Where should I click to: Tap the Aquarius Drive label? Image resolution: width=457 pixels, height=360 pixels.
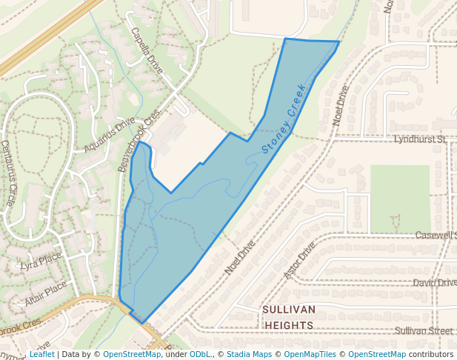[110, 135]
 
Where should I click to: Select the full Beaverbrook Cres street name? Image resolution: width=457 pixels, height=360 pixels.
[139, 141]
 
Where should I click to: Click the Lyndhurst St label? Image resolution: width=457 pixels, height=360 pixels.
[419, 139]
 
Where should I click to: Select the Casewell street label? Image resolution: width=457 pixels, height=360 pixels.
[435, 235]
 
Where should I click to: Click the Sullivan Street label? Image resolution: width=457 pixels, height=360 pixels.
[424, 330]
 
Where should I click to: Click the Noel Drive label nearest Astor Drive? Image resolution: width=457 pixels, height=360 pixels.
[240, 256]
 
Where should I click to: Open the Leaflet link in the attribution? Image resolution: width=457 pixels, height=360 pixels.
[41, 354]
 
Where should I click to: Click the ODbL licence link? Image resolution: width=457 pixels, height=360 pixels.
[200, 354]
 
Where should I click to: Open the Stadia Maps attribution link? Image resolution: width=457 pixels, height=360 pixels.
[249, 354]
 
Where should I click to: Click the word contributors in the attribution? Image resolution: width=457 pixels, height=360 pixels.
[431, 354]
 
